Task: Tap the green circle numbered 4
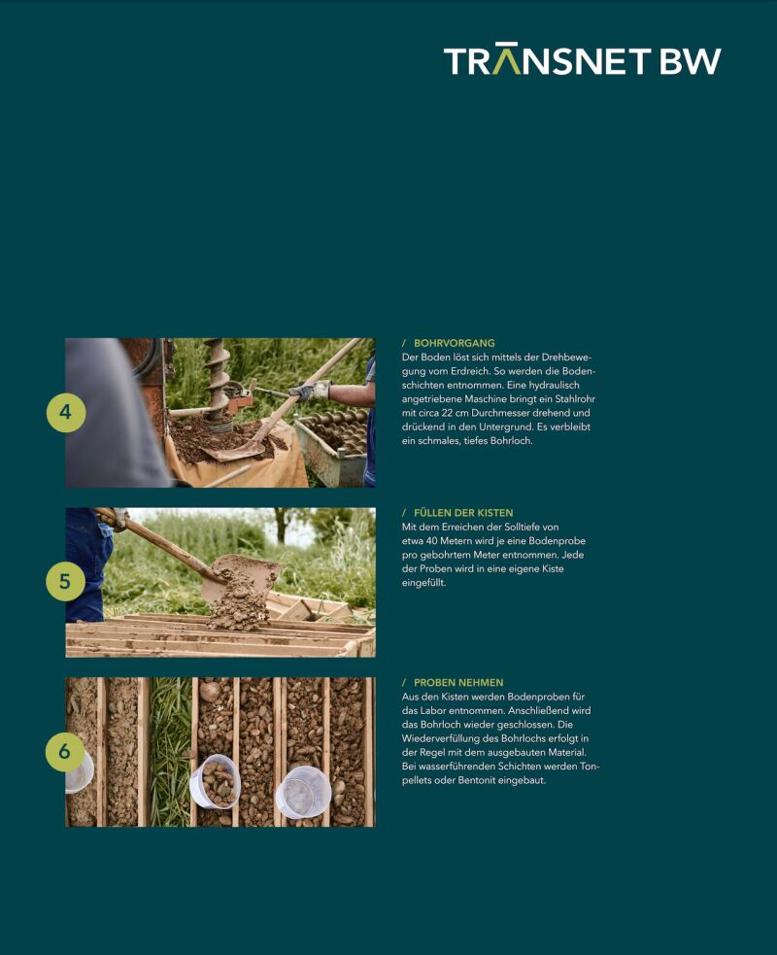tap(66, 412)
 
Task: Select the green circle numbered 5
tap(66, 582)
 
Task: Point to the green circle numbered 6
tap(65, 752)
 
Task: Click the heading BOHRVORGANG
tap(455, 343)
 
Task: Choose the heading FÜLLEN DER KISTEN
tap(463, 513)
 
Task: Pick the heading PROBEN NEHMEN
tap(458, 683)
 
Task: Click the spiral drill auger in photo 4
tap(218, 384)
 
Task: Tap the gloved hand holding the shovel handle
tap(309, 391)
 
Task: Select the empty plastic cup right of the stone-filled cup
tap(303, 792)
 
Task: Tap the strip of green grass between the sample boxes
tap(171, 752)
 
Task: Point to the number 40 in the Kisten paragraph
tap(430, 541)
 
